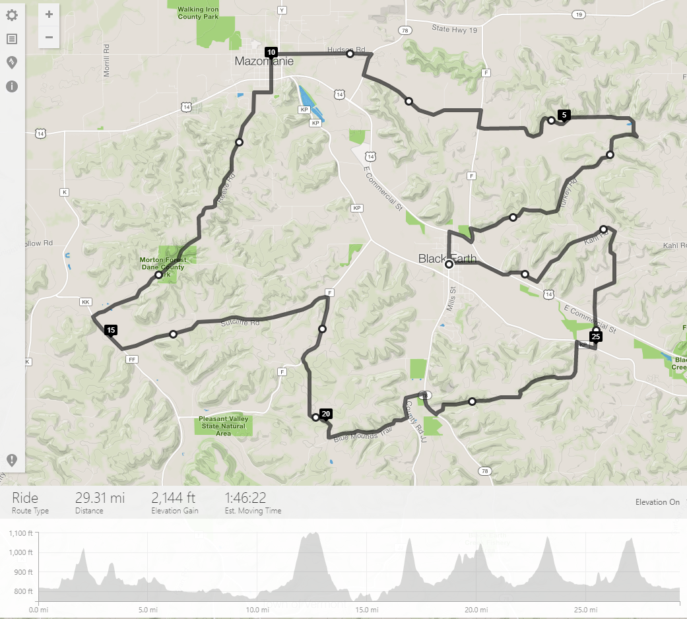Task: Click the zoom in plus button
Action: pyautogui.click(x=49, y=14)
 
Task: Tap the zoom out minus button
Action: pyautogui.click(x=49, y=37)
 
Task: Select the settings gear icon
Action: pyautogui.click(x=12, y=15)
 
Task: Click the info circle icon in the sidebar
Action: pyautogui.click(x=12, y=86)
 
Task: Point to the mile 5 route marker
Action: pyautogui.click(x=564, y=115)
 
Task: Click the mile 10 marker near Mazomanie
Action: pyautogui.click(x=271, y=52)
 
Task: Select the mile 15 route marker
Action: pyautogui.click(x=110, y=330)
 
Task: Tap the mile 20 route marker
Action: pyautogui.click(x=325, y=414)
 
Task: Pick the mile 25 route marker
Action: pyautogui.click(x=596, y=337)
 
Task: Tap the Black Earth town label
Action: pyautogui.click(x=447, y=259)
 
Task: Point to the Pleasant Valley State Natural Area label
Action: pyautogui.click(x=223, y=426)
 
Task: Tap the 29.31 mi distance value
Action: pyautogui.click(x=100, y=498)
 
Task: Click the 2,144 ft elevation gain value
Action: pyautogui.click(x=174, y=498)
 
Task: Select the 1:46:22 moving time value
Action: pyautogui.click(x=245, y=498)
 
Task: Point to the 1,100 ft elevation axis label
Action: pyautogui.click(x=21, y=533)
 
